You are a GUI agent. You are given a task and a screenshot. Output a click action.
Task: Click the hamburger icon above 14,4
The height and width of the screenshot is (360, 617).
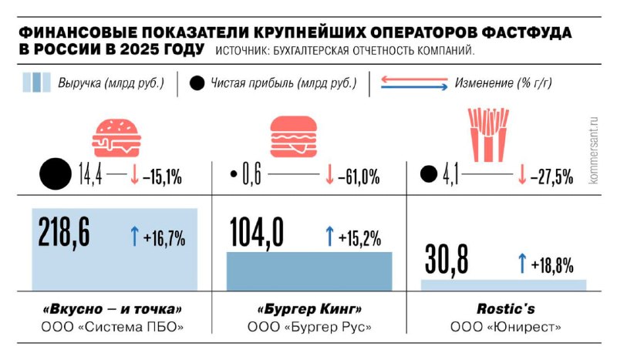116,135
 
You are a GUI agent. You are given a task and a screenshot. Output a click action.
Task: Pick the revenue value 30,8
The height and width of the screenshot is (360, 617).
447,260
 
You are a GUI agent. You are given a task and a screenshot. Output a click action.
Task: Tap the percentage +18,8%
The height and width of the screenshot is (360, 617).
551,266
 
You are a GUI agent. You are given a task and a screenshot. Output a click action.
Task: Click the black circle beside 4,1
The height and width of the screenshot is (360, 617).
428,176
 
